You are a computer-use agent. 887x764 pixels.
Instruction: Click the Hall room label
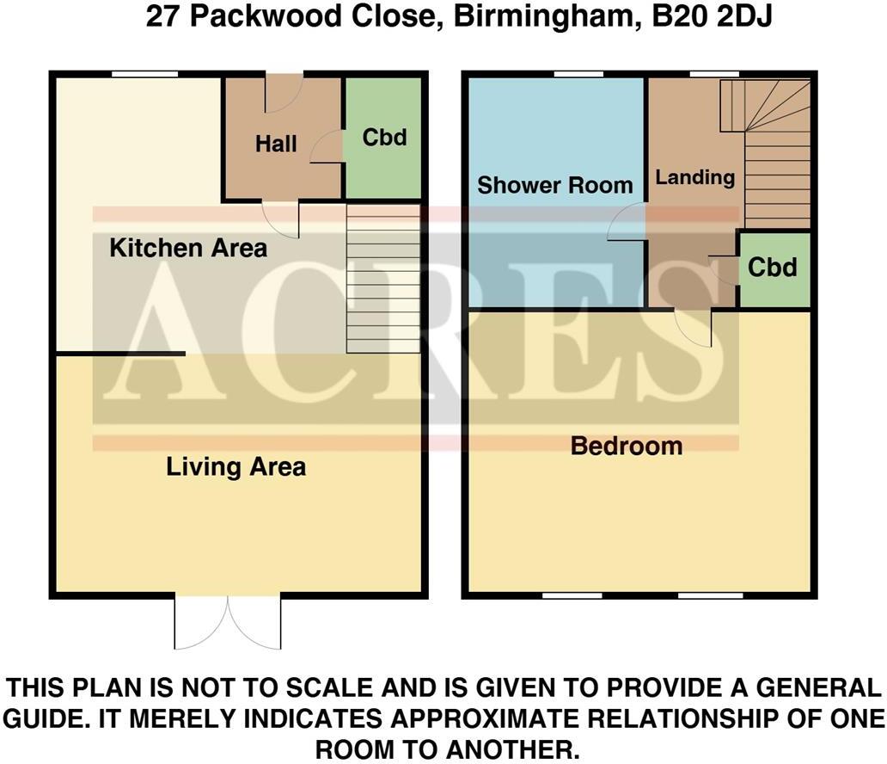click(276, 144)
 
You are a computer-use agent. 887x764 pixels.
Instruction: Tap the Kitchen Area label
click(188, 248)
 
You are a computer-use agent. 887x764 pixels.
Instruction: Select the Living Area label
click(236, 467)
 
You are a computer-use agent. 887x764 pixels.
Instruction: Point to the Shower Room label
click(555, 185)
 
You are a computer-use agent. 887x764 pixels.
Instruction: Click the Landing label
click(695, 178)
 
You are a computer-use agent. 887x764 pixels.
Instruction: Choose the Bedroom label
click(627, 447)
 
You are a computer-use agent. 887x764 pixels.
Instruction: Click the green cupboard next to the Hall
click(384, 138)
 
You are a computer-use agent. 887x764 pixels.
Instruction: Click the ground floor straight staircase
click(383, 279)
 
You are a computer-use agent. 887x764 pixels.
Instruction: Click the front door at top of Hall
click(284, 93)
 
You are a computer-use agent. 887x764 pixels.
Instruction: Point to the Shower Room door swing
click(627, 222)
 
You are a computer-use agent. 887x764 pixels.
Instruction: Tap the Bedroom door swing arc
click(693, 329)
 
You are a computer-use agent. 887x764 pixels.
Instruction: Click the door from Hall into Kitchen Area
click(280, 219)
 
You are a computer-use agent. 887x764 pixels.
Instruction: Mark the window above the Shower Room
click(578, 74)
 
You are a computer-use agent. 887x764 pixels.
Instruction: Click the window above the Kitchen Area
click(144, 74)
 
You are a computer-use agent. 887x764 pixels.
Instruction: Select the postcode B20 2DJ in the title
click(713, 16)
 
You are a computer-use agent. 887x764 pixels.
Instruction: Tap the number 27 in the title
click(163, 16)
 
